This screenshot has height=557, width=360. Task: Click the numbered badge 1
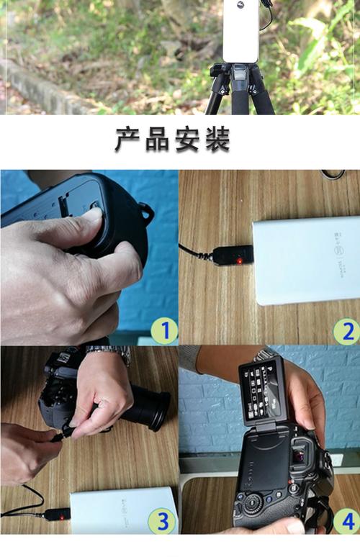[x=165, y=331]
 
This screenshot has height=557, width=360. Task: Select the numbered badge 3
[x=165, y=520]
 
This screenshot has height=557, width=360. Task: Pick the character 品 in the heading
[x=159, y=140]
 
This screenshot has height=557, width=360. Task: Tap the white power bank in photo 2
[x=306, y=259]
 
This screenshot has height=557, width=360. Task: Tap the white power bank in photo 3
[x=122, y=512]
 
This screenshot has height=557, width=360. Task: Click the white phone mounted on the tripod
[x=240, y=30]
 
